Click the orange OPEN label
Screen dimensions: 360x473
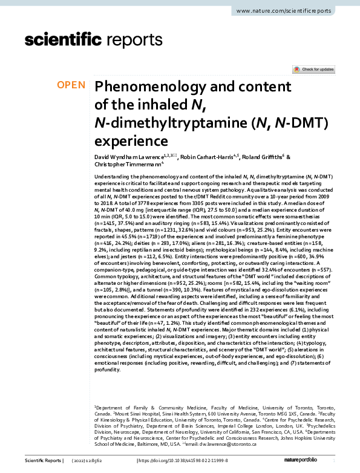pos(71,85)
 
